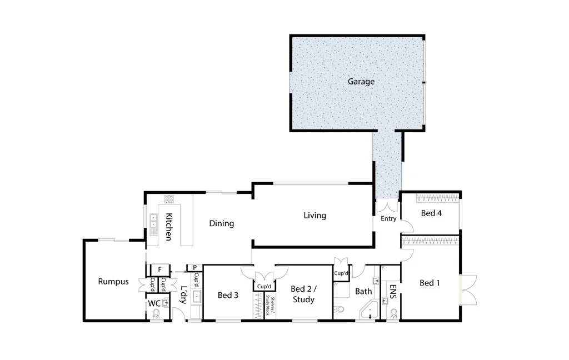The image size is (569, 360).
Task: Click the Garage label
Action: tap(361, 82)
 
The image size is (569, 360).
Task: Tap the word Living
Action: tap(315, 216)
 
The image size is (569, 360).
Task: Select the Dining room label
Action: tap(221, 223)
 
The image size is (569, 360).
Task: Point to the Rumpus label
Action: tap(113, 282)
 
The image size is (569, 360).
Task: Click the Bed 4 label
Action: tap(431, 213)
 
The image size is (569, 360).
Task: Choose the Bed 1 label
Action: tap(430, 283)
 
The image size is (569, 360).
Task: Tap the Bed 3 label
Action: tap(228, 295)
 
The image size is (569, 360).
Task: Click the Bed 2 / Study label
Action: tap(303, 294)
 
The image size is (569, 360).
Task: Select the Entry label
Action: tap(388, 218)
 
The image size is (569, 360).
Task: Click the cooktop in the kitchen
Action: tap(169, 199)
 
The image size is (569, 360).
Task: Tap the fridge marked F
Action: tap(159, 269)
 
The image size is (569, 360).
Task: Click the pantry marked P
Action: tap(194, 267)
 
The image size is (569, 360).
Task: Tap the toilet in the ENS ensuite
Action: tap(393, 314)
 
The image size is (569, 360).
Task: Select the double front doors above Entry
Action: tap(387, 206)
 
